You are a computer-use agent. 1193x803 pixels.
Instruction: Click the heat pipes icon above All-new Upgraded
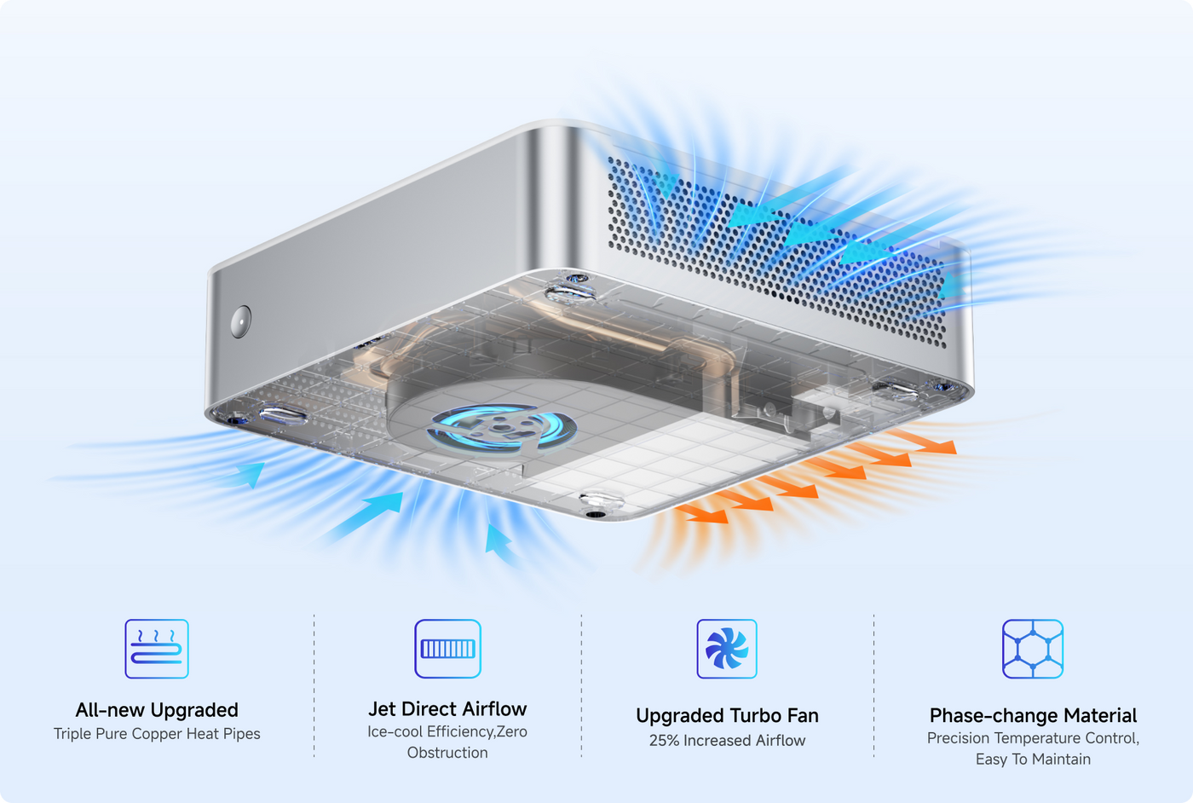(157, 649)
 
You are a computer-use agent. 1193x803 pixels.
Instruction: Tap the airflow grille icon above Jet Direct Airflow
(447, 649)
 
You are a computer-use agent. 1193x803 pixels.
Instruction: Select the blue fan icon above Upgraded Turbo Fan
(727, 649)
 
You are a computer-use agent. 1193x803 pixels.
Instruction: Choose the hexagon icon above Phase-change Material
(1033, 649)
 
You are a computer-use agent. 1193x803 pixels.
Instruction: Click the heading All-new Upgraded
(157, 710)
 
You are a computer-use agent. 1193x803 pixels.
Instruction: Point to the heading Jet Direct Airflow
(447, 708)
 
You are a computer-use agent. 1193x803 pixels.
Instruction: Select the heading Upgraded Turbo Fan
(727, 715)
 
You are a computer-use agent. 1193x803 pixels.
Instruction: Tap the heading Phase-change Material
(1033, 715)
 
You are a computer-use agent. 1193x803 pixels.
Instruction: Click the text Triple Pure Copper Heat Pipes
(157, 734)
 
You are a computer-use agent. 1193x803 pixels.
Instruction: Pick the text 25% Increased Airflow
(727, 740)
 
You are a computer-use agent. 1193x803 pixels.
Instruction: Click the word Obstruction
(447, 753)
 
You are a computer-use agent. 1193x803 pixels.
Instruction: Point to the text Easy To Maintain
(1033, 759)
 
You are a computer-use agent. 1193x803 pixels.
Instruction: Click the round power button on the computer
(240, 321)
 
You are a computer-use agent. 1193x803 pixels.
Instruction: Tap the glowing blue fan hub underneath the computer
(501, 427)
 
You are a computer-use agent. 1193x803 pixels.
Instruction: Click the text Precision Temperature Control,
(1033, 738)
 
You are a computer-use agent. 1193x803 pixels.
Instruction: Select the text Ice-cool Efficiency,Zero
(447, 731)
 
